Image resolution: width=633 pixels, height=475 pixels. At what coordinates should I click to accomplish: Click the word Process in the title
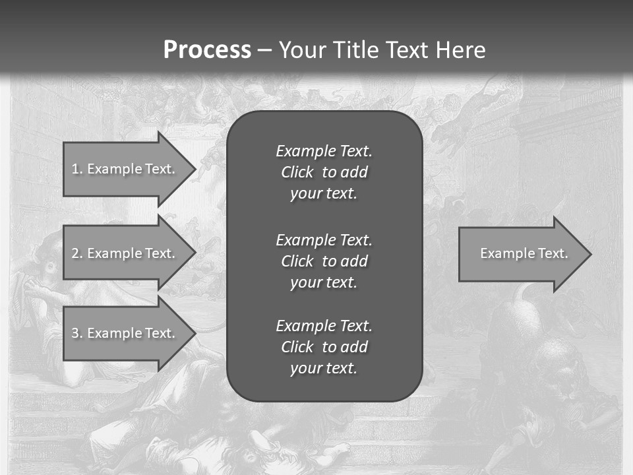(207, 50)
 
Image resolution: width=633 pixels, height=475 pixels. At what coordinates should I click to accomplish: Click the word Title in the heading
(355, 50)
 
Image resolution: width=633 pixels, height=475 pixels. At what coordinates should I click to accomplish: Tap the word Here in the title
(460, 50)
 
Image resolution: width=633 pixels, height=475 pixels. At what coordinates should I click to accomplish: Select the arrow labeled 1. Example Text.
(123, 169)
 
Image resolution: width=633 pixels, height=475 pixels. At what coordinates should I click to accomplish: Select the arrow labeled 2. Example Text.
(123, 253)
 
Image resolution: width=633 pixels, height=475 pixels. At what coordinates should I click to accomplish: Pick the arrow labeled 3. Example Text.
(123, 333)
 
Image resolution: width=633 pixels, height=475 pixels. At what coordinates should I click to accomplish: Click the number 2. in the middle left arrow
(77, 253)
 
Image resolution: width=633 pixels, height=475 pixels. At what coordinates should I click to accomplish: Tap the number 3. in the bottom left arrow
(77, 333)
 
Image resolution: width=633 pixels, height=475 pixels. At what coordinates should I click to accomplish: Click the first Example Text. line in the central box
(324, 151)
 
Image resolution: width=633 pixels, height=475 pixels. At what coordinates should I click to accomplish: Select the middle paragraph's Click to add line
(324, 261)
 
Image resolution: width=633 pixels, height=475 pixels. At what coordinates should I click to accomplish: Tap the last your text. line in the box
(324, 369)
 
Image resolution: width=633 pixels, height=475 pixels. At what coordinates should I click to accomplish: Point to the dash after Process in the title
(264, 50)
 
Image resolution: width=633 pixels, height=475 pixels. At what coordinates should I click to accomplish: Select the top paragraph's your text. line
(324, 194)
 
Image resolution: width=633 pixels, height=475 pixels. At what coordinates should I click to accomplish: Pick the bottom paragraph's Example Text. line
(324, 326)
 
